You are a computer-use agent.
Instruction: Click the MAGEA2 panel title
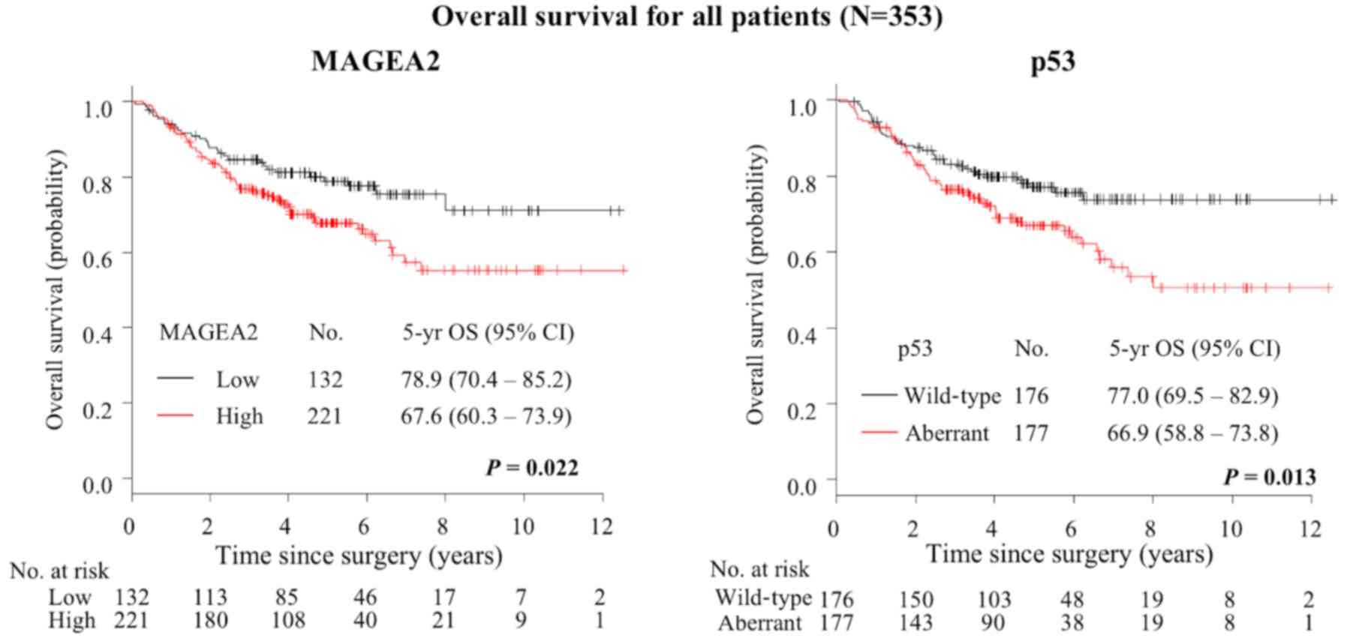click(x=375, y=60)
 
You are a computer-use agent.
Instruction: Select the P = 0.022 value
click(x=532, y=468)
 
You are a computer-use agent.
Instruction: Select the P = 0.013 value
click(x=1270, y=477)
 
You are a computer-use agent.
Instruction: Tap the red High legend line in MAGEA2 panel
click(x=176, y=415)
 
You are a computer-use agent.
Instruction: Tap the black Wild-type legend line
click(x=879, y=394)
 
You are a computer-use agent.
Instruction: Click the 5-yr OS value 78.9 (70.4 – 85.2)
click(x=486, y=379)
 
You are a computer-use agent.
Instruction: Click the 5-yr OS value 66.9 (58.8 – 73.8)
click(x=1192, y=433)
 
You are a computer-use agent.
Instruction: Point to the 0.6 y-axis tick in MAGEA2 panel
click(x=97, y=257)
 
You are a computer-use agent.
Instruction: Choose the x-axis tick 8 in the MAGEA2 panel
click(x=443, y=526)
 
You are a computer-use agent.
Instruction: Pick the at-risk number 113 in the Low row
click(x=210, y=597)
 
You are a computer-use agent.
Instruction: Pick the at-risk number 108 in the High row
click(x=287, y=621)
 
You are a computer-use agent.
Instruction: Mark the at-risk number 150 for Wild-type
click(x=916, y=599)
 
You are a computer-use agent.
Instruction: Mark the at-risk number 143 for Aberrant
click(x=916, y=623)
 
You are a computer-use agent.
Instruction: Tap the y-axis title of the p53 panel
click(x=756, y=285)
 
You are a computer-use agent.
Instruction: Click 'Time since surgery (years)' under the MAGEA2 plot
click(x=359, y=556)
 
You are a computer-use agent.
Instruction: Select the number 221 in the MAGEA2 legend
click(x=324, y=415)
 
